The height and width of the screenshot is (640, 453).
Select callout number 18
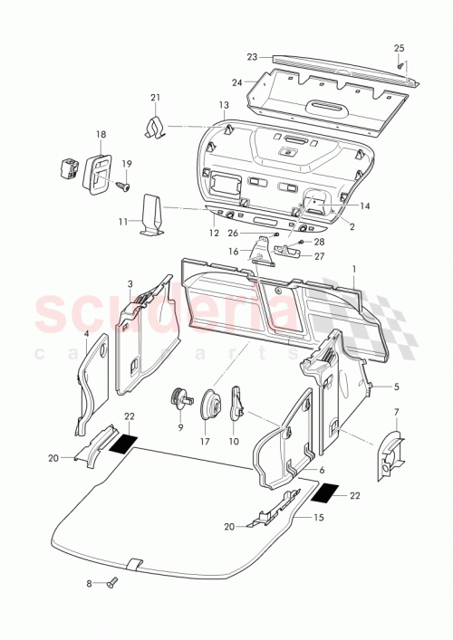pyautogui.click(x=100, y=133)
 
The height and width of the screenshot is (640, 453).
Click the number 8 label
pyautogui.click(x=90, y=584)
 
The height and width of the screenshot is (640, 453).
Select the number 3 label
pyautogui.click(x=130, y=283)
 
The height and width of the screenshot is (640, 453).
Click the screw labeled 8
pyautogui.click(x=112, y=584)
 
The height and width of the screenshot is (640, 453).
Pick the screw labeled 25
pyautogui.click(x=400, y=65)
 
